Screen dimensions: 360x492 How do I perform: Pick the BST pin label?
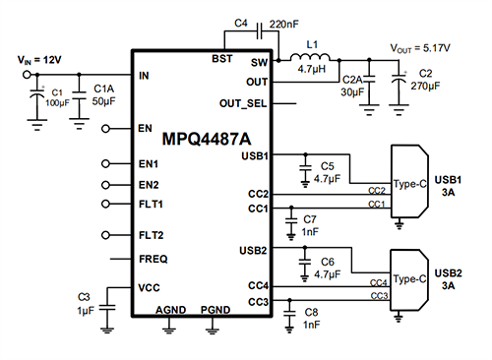click(x=223, y=59)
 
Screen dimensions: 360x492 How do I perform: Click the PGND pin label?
click(x=216, y=309)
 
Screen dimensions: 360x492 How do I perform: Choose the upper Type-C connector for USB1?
click(x=408, y=182)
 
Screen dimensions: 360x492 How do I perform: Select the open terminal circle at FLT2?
click(x=104, y=235)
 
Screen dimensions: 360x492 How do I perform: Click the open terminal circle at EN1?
click(x=104, y=163)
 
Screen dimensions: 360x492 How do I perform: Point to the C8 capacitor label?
click(x=311, y=312)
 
